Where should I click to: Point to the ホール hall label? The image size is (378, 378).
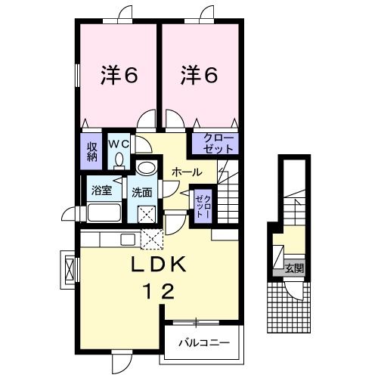(186, 172)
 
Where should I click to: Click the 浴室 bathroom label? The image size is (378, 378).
(101, 191)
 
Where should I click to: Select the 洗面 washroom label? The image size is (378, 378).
(142, 192)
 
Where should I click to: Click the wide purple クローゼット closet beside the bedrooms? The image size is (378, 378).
(215, 142)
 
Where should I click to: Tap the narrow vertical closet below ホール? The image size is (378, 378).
(201, 204)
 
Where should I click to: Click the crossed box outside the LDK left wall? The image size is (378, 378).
(71, 268)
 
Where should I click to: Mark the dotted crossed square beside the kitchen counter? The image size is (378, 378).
(152, 240)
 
